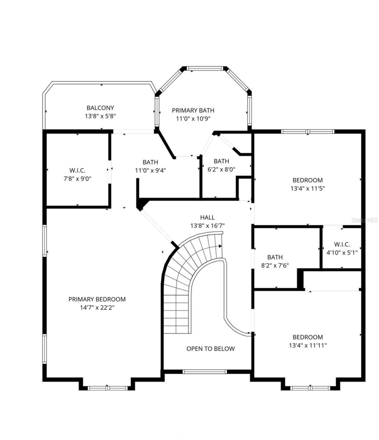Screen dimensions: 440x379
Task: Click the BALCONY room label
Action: pyautogui.click(x=100, y=108)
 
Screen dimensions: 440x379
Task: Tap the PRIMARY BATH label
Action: pyautogui.click(x=193, y=110)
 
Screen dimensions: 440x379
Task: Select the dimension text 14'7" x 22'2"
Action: pyautogui.click(x=97, y=308)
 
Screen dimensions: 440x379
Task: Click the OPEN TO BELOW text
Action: pyautogui.click(x=210, y=349)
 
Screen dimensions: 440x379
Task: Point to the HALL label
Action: pyautogui.click(x=207, y=218)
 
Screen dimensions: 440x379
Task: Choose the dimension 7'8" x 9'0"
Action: pyautogui.click(x=77, y=179)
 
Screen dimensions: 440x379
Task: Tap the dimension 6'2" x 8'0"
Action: pyautogui.click(x=221, y=169)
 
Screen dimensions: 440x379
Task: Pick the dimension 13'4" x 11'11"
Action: pyautogui.click(x=308, y=345)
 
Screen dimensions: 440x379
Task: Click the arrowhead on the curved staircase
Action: pyautogui.click(x=220, y=246)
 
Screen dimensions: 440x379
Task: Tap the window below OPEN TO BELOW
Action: pyautogui.click(x=205, y=372)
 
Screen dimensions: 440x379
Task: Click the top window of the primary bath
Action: pyautogui.click(x=205, y=68)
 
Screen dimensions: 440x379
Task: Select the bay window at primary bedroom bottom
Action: pyautogui.click(x=108, y=388)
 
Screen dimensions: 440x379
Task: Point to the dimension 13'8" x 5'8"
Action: pyautogui.click(x=100, y=116)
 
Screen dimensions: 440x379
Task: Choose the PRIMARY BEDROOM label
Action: pyautogui.click(x=97, y=299)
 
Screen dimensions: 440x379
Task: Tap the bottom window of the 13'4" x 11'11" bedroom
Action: pyautogui.click(x=310, y=388)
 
